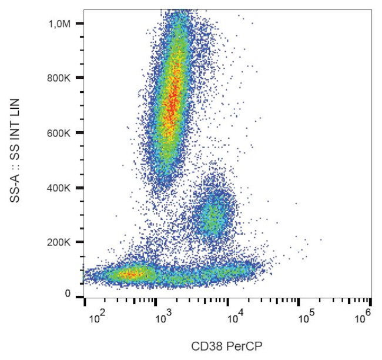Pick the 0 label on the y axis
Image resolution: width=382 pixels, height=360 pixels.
click(x=68, y=294)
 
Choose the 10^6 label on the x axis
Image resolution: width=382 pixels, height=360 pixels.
click(x=363, y=318)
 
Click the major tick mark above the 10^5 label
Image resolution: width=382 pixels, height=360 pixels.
click(x=299, y=303)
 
